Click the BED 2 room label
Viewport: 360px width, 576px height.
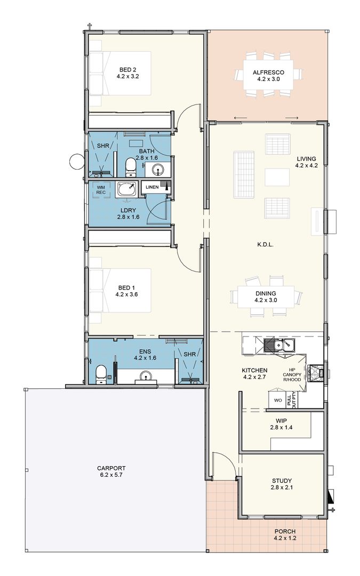[128, 70]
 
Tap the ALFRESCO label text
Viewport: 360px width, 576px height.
[268, 73]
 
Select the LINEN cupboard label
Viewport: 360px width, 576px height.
[152, 187]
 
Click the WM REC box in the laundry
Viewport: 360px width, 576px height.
[101, 190]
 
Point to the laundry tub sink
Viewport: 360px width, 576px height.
[127, 189]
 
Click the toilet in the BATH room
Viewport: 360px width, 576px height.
[131, 167]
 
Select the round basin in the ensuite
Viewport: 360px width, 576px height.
[146, 376]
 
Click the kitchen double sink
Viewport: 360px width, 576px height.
[279, 345]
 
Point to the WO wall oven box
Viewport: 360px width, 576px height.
[278, 400]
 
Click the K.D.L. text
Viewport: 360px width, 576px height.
[266, 244]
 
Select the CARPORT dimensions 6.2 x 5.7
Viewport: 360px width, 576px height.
[111, 475]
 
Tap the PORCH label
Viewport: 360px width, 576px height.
[285, 531]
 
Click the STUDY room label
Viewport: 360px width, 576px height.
[282, 481]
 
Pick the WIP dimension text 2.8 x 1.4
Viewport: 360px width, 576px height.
[282, 427]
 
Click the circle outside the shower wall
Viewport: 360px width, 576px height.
[77, 161]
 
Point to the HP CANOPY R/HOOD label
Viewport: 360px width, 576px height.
[292, 374]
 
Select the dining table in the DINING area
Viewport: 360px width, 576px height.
[266, 297]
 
